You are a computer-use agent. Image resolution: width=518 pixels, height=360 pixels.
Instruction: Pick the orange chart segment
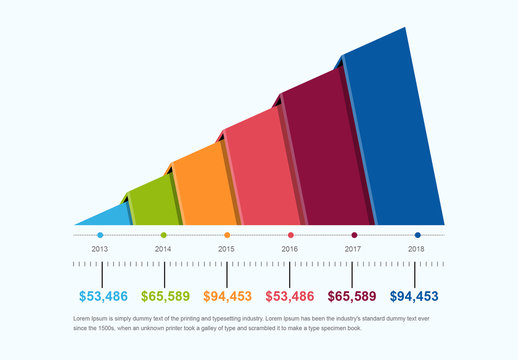203,185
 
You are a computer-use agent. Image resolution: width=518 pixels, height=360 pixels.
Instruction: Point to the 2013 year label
100,248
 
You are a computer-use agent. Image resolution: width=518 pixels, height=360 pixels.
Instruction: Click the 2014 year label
163,248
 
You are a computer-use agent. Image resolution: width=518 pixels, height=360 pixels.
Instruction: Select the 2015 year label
226,248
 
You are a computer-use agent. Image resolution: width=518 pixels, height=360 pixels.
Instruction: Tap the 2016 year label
290,248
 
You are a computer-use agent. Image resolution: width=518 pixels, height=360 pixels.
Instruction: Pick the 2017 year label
353,248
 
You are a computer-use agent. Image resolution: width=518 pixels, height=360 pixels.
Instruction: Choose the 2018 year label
416,248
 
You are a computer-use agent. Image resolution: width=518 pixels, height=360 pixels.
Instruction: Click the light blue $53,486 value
104,296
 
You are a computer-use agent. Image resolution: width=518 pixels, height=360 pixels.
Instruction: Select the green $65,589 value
166,296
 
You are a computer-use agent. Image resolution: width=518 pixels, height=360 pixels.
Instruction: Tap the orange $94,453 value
228,296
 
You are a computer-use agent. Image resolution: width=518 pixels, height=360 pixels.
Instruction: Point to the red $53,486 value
290,296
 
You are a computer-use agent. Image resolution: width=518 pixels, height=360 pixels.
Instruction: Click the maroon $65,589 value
352,296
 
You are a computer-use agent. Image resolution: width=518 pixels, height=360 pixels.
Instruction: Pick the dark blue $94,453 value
414,296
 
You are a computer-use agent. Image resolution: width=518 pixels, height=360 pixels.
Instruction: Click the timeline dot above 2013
100,235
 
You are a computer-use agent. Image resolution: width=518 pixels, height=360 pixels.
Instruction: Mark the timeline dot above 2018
417,235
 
